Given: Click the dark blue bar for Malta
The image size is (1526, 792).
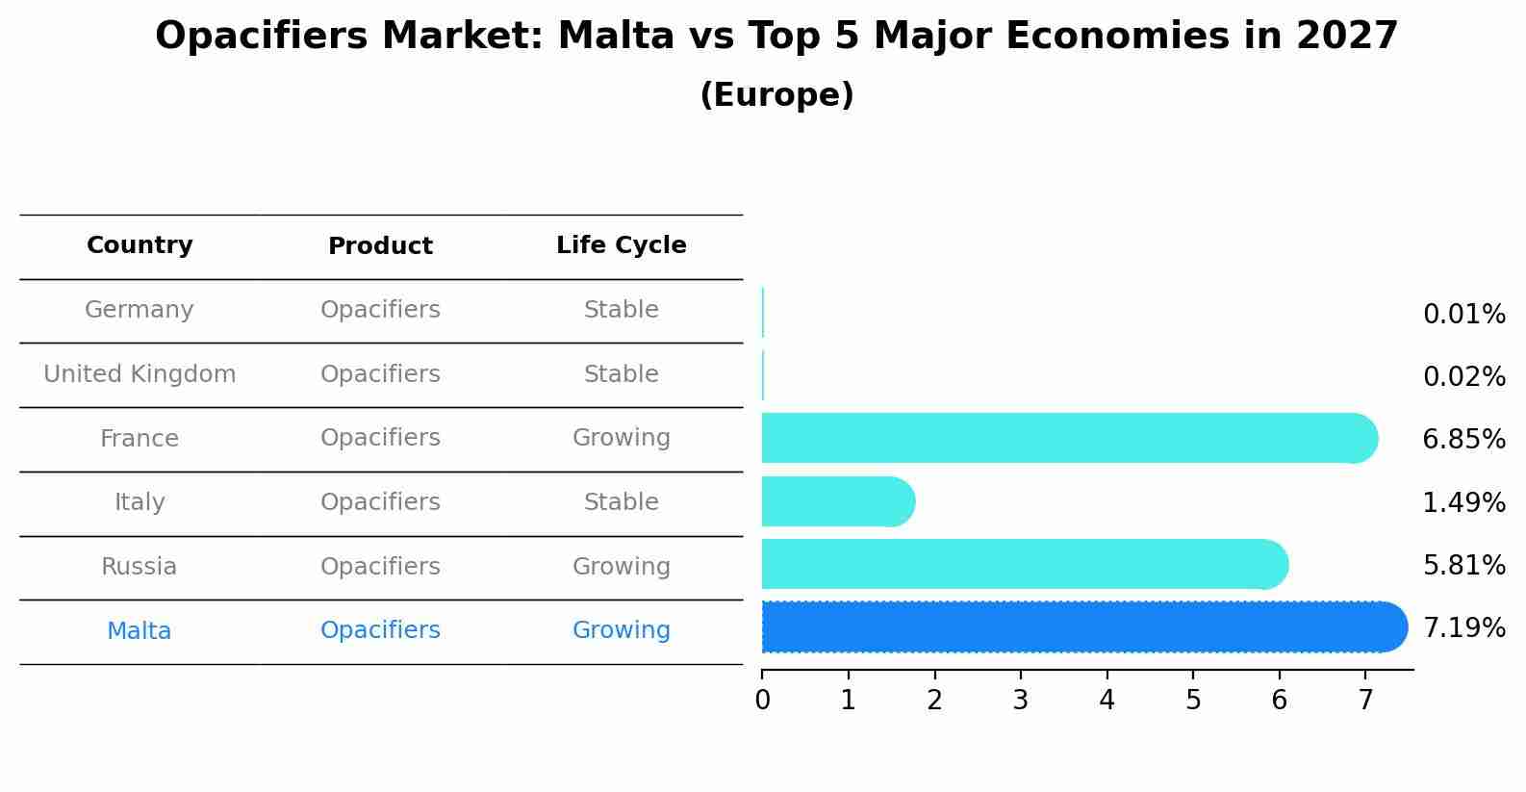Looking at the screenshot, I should click(x=1083, y=627).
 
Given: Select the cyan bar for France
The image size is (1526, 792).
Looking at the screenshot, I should click(x=1068, y=438).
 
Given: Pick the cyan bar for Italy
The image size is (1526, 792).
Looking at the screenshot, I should click(x=837, y=501).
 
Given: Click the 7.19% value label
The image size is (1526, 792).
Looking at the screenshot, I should click(x=1463, y=628).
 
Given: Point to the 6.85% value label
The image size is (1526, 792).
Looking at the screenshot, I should click(x=1463, y=440).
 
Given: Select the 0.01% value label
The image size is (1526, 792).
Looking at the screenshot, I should click(x=1463, y=315).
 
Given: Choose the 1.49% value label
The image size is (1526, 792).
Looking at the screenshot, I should click(x=1463, y=502).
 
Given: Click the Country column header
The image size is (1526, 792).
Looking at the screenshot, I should click(x=140, y=245).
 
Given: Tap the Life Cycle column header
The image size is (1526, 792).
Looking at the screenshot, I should click(x=621, y=245).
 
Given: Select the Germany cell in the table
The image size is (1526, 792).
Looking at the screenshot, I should click(x=140, y=310).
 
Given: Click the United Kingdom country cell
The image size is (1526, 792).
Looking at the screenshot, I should click(x=140, y=374).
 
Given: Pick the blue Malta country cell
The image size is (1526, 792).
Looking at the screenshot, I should click(x=140, y=631).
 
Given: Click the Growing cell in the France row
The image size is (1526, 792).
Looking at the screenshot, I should click(x=621, y=438).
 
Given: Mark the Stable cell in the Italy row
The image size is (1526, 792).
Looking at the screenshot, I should click(x=621, y=502).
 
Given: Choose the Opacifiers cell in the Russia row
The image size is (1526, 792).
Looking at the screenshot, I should click(x=380, y=567).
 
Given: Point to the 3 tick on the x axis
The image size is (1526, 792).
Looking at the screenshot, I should click(x=1020, y=701).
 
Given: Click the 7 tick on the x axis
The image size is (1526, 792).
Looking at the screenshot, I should click(x=1365, y=701).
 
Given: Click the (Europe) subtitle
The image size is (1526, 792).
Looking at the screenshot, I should click(x=776, y=95).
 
